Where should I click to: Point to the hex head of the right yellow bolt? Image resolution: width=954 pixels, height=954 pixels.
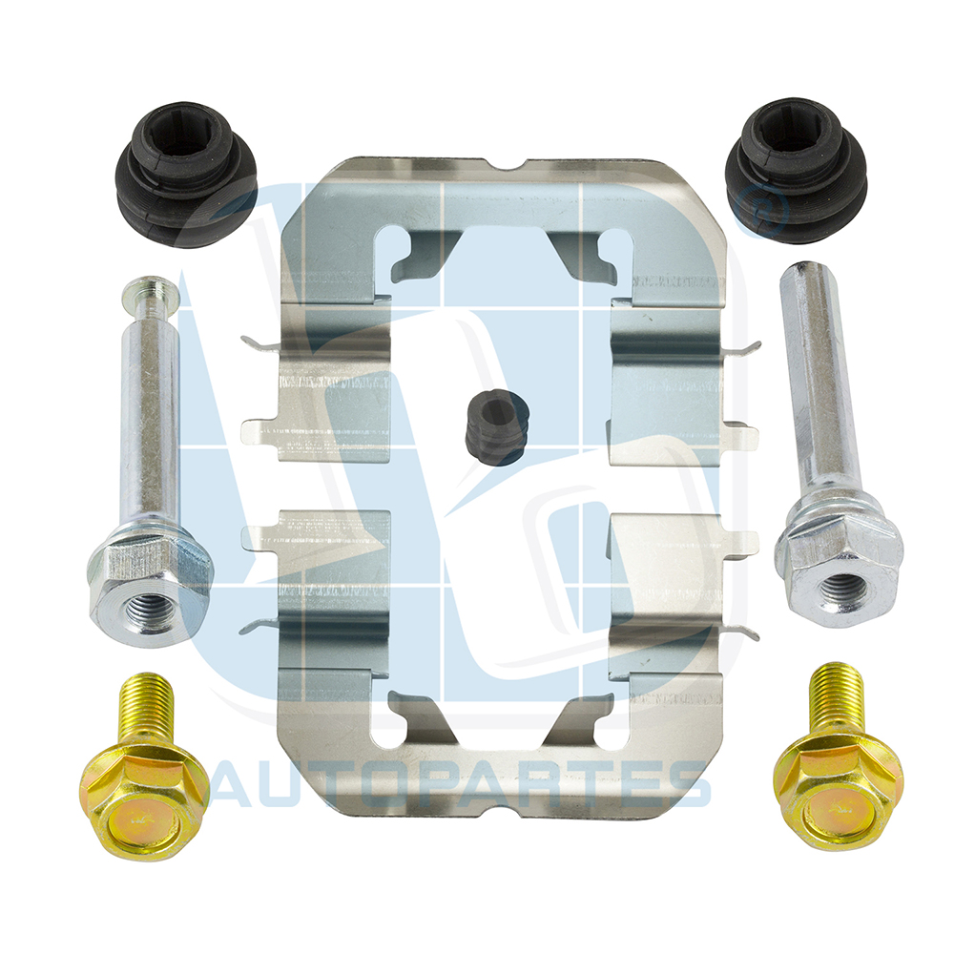pyautogui.click(x=838, y=796)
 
